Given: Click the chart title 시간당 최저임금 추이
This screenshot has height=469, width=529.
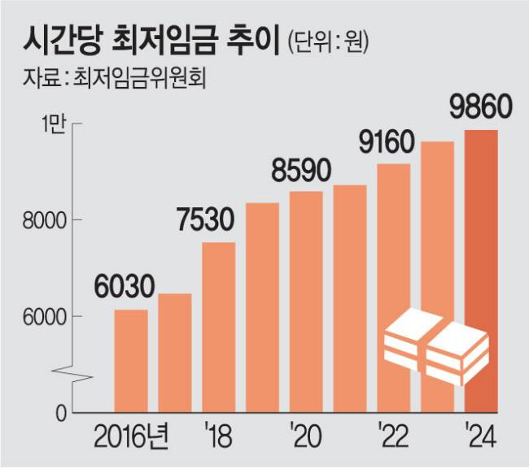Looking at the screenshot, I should point(150,39).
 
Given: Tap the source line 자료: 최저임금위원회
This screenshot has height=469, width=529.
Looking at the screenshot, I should point(113,80).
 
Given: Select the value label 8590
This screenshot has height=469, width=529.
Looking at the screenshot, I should point(302,172).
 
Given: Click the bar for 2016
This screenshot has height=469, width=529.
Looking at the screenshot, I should point(131,361).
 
